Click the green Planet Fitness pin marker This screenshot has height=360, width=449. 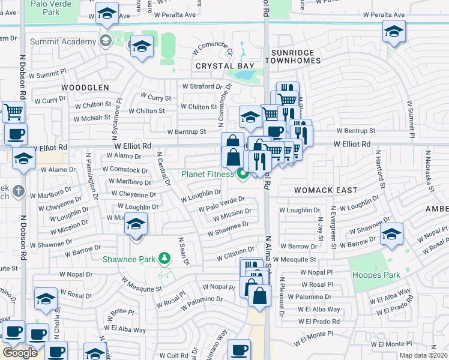[243, 175]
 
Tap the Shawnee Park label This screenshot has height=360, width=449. [128, 259]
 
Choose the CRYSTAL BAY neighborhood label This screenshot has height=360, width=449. [224, 66]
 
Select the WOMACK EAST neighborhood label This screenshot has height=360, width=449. [326, 190]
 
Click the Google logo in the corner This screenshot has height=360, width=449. [20, 353]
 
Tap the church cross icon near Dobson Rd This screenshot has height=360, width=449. [19, 191]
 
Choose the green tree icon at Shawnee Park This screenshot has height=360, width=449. [163, 259]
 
